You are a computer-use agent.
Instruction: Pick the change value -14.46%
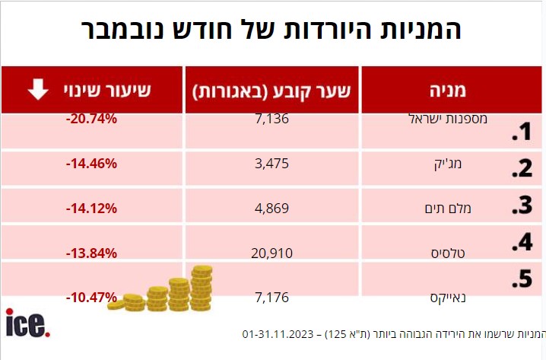pyautogui.click(x=91, y=163)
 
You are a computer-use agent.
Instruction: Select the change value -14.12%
pyautogui.click(x=91, y=208)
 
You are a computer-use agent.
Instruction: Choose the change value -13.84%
pyautogui.click(x=91, y=252)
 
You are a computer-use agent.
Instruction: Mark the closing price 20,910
pyautogui.click(x=270, y=252)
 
